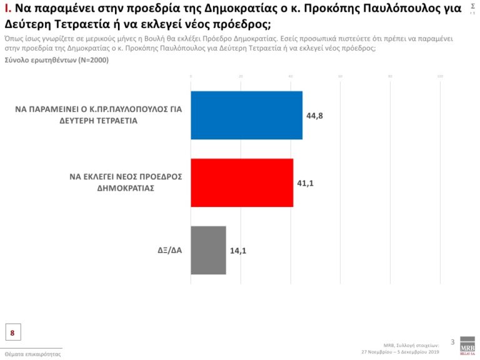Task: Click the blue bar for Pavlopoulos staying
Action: coord(246,115)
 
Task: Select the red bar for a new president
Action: coord(242,182)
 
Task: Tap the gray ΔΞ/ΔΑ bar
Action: coord(208,250)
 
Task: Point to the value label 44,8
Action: coord(314,116)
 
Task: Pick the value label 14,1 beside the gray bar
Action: coord(238,251)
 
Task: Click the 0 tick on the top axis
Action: coord(191,76)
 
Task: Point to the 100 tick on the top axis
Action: coord(440,76)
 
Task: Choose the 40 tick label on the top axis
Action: coord(291,76)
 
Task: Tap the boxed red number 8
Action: coord(12,332)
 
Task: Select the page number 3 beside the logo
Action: coord(452,341)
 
